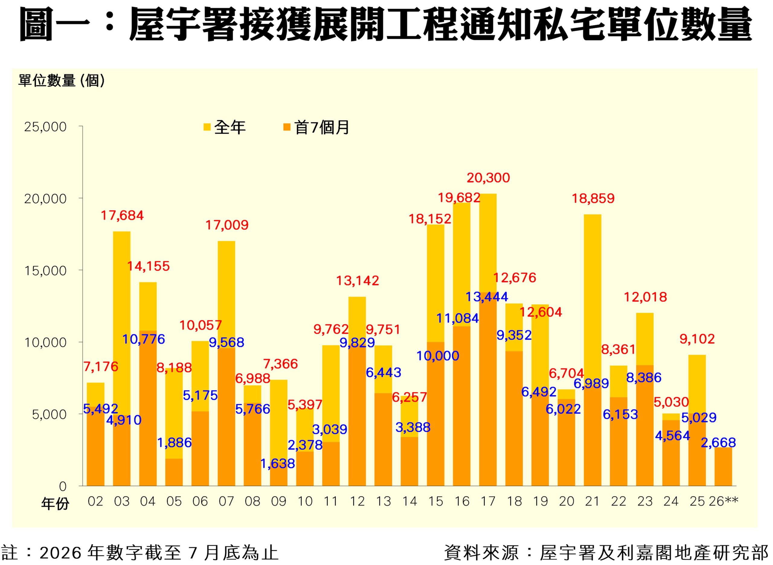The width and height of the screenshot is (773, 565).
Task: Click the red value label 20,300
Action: click(x=488, y=178)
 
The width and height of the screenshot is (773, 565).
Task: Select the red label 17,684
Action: click(x=122, y=215)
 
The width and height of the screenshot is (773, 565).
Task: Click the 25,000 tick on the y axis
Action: click(x=45, y=127)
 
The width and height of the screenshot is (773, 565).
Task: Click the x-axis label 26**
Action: click(x=723, y=501)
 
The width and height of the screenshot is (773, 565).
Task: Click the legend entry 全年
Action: click(x=225, y=128)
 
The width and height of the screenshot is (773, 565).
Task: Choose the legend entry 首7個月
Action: click(x=316, y=128)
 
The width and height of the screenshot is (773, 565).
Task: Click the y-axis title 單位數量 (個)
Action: click(x=62, y=81)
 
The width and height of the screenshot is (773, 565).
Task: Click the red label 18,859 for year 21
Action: click(x=593, y=199)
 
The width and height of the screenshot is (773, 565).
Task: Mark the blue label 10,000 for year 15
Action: click(x=438, y=356)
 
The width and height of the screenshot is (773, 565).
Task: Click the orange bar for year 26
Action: click(x=723, y=467)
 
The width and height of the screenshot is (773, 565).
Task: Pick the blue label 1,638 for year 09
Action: click(x=277, y=464)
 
